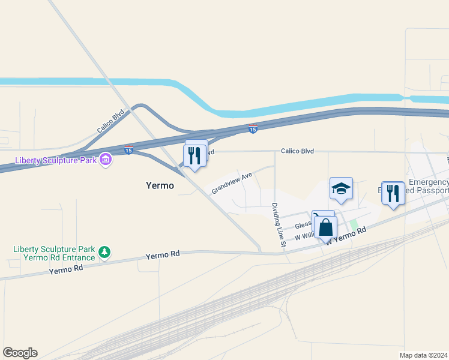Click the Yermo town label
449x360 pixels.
click(x=160, y=185)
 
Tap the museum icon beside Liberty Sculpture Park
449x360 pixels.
click(x=106, y=160)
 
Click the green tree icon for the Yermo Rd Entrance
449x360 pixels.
click(x=105, y=251)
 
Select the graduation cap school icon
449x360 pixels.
click(x=340, y=188)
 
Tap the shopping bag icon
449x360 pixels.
click(x=325, y=227)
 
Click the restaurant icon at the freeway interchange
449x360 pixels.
click(x=195, y=155)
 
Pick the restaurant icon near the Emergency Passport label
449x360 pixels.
click(x=393, y=193)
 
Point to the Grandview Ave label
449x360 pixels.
click(x=231, y=182)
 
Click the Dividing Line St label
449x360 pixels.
click(x=277, y=224)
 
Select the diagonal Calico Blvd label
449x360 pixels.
click(x=110, y=121)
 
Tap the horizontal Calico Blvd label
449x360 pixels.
click(x=298, y=151)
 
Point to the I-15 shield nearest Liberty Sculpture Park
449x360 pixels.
click(x=129, y=149)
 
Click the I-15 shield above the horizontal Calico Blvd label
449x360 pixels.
click(x=253, y=129)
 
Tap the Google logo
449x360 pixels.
click(x=20, y=353)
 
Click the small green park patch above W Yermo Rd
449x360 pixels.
click(x=354, y=224)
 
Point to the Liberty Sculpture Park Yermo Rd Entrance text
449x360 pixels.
click(x=55, y=253)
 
